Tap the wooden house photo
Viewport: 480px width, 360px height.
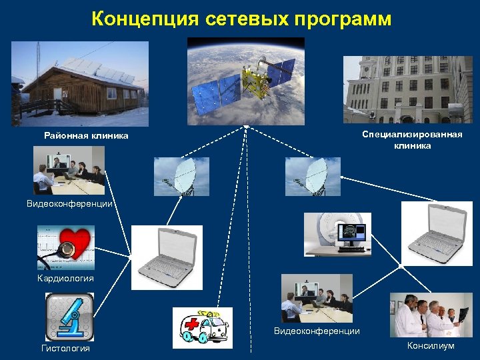click(x=79, y=83)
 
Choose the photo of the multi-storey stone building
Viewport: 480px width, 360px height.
click(x=407, y=89)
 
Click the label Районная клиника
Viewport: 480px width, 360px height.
click(x=86, y=136)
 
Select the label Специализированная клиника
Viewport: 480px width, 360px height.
click(x=412, y=140)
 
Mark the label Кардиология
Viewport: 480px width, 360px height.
click(x=65, y=278)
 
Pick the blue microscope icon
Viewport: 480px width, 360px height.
click(x=69, y=316)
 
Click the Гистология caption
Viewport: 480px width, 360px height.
click(x=65, y=349)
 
